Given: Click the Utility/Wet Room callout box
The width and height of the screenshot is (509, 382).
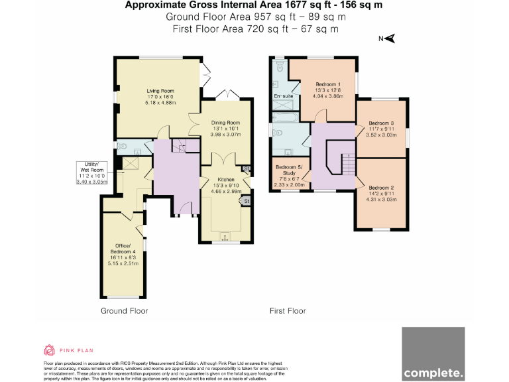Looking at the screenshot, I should click(91, 172).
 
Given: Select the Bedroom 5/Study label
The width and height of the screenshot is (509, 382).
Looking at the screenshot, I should click(290, 174).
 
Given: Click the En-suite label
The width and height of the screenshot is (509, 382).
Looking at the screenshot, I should click(283, 97).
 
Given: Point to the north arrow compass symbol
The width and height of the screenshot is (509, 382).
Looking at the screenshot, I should click(390, 39).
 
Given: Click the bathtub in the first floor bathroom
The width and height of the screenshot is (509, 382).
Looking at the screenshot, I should click(285, 119).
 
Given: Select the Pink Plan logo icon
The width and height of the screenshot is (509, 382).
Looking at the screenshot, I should click(49, 350).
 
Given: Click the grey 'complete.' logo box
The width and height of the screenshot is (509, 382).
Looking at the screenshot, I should click(433, 354).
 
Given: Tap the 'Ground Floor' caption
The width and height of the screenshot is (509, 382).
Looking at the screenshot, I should click(124, 310).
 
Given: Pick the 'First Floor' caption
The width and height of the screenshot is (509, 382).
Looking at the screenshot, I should click(287, 310).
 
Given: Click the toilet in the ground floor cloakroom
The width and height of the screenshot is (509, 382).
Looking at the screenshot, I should click(123, 145).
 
